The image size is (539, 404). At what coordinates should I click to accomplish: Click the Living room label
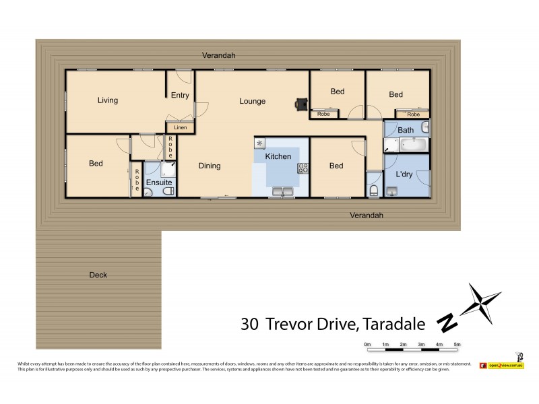107,101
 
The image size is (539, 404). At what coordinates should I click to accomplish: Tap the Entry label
180,96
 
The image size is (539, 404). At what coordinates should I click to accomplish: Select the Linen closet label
180,127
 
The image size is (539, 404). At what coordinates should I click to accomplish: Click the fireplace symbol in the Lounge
300,103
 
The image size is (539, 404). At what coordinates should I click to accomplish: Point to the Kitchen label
278,156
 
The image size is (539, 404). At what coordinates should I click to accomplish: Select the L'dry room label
404,174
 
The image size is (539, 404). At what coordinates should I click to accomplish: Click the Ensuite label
159,182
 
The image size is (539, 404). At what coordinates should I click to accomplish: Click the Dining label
209,166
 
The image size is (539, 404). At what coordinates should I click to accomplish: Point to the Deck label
98,275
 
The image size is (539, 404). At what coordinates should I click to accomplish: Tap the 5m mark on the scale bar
457,345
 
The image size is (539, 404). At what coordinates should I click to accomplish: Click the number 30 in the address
249,325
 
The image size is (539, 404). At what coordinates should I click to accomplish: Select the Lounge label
253,102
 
